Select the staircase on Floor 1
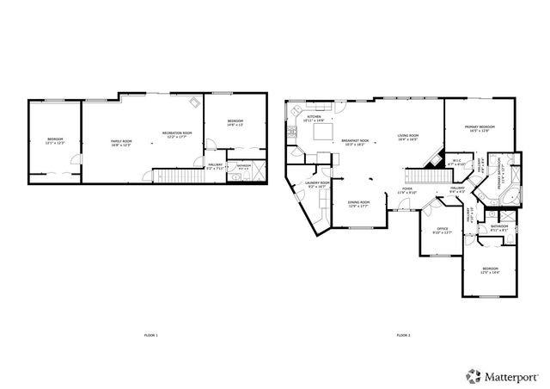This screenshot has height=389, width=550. coord(173,176)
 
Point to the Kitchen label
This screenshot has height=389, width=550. coord(314,119)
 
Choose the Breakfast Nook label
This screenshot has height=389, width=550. coord(354,142)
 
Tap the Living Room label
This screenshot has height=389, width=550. coord(407,137)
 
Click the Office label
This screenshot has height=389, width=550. coord(441,230)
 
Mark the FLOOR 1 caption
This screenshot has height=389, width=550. coord(151,335)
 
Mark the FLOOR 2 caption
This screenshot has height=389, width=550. coord(403,335)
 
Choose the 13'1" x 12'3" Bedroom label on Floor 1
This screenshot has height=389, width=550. coord(55,141)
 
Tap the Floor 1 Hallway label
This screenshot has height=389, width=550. coord(215,167)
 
